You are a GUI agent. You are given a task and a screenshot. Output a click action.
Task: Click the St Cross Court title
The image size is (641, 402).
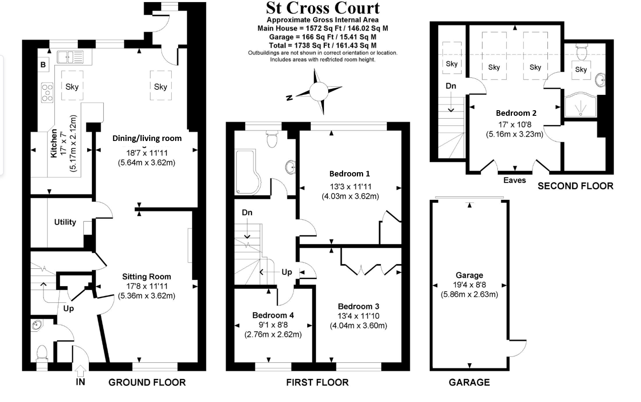click(x=323, y=8)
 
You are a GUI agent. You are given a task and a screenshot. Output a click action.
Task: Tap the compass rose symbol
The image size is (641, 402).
click(x=318, y=91)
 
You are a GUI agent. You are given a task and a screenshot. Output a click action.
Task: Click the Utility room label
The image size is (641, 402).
click(x=65, y=222)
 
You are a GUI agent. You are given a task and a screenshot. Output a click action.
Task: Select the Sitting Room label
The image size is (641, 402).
click(x=147, y=277)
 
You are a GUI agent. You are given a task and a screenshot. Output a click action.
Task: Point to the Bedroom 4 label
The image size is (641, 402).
click(x=273, y=315)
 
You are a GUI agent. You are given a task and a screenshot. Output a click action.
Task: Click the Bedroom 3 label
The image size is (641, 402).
click(x=358, y=306)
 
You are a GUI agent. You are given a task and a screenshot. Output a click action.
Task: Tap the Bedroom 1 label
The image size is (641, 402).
click(x=350, y=173)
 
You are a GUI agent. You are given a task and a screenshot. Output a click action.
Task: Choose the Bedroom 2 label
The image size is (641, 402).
click(x=516, y=113)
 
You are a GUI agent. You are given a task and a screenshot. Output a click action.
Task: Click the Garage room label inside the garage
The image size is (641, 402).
click(x=469, y=275)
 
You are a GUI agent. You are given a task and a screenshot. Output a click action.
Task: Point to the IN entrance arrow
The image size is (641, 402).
click(x=80, y=372)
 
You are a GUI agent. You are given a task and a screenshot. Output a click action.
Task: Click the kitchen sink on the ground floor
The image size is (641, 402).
click(x=71, y=56)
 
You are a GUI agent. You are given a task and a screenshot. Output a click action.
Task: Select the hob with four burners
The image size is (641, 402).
click(x=47, y=93)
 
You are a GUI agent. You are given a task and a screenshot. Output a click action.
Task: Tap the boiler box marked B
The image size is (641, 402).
click(x=43, y=65)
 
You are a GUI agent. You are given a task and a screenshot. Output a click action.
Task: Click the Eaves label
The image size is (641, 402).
click(x=515, y=180)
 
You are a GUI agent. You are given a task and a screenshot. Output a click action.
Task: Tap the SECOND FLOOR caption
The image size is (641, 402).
click(x=575, y=186)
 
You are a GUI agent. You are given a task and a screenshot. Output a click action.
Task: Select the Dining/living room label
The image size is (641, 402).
click(x=147, y=138)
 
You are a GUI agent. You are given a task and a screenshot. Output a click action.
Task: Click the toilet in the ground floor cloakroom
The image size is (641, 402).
click(x=42, y=353)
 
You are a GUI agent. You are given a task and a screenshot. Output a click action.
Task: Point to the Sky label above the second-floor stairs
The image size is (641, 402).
click(x=452, y=64)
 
